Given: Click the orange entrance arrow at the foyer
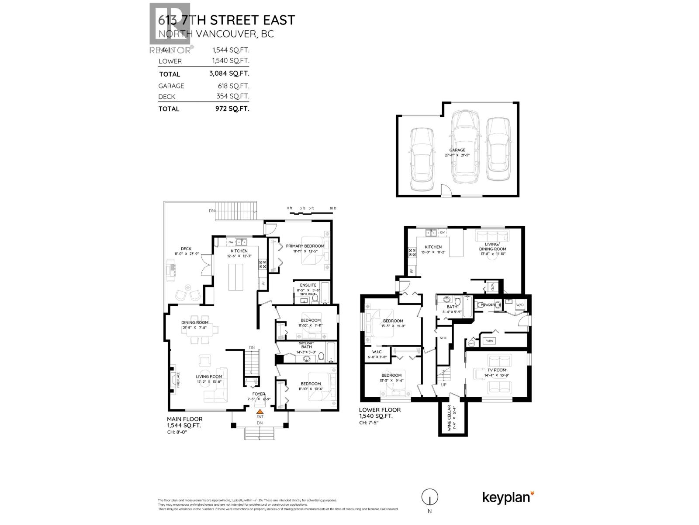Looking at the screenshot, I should [x=260, y=411].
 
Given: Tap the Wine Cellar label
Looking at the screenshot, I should [x=452, y=418].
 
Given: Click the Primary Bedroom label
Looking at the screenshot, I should [x=305, y=246].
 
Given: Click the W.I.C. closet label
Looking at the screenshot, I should [x=377, y=352].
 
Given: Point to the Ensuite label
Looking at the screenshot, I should [x=308, y=285].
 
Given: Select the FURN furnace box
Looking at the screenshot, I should [x=489, y=340].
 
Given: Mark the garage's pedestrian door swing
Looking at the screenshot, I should [x=445, y=191].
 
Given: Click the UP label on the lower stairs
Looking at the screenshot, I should [x=444, y=385].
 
